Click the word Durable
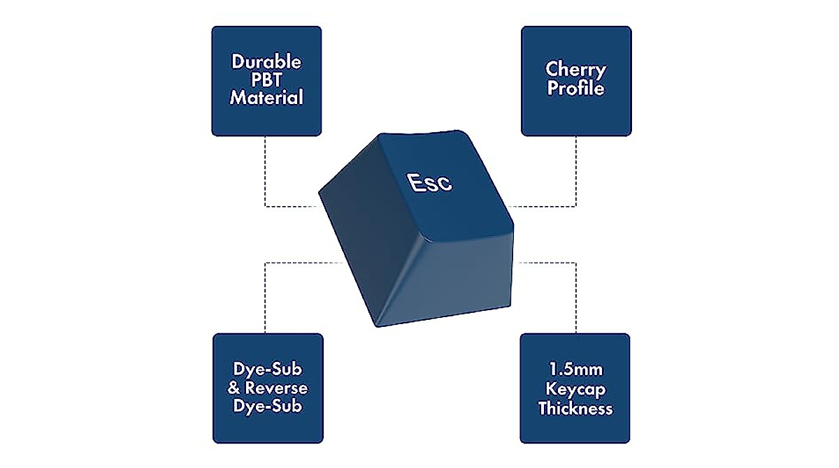(266, 61)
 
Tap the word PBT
(266, 80)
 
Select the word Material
(266, 97)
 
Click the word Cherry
(575, 71)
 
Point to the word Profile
(575, 88)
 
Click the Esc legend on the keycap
(430, 183)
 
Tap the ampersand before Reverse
(234, 388)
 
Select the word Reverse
(276, 388)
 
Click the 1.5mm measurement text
(575, 370)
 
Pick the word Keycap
(575, 390)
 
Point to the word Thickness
(575, 408)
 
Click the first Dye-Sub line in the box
(267, 370)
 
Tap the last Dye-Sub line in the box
(267, 407)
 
